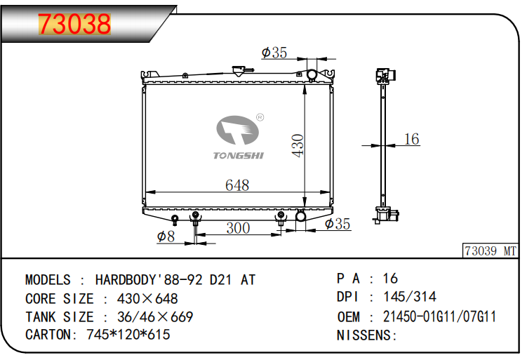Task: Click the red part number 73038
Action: coord(74,24)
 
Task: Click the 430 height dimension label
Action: coord(298,145)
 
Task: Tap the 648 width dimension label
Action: coord(237,185)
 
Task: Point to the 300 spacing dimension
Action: coord(238,228)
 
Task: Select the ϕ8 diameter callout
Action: coord(166,236)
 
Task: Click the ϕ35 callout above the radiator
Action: coord(274,53)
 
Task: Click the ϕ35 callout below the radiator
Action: coord(338,224)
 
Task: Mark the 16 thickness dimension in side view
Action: coord(411,139)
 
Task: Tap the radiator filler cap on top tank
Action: coord(239,71)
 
